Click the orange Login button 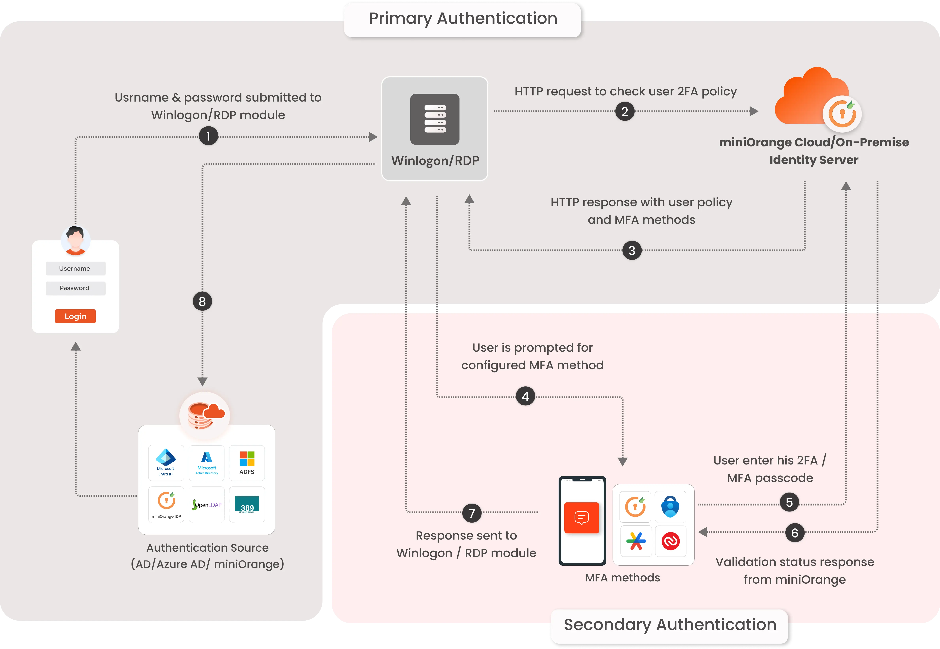click(75, 316)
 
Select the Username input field click(75, 268)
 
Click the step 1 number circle click(208, 136)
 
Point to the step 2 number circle click(625, 111)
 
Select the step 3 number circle click(632, 251)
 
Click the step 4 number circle click(525, 397)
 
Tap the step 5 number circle click(789, 503)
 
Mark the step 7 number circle click(472, 513)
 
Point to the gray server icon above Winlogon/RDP click(435, 119)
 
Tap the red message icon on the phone click(582, 518)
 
